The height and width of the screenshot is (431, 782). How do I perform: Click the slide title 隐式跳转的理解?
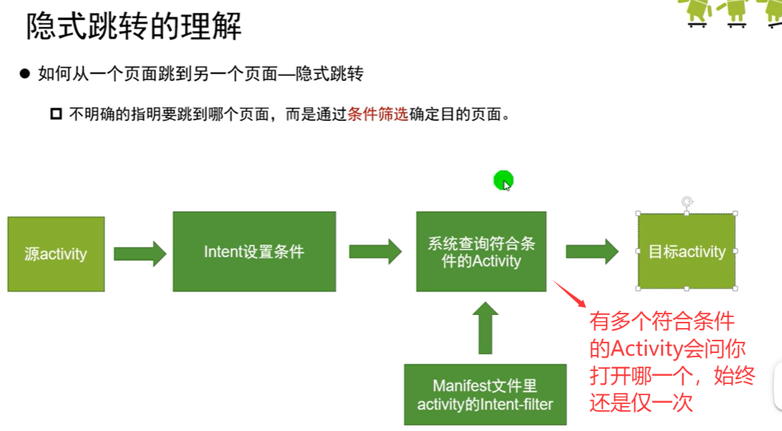pyautogui.click(x=134, y=28)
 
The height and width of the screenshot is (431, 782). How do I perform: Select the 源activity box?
pyautogui.click(x=56, y=253)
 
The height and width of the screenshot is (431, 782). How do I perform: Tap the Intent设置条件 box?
pyautogui.click(x=254, y=251)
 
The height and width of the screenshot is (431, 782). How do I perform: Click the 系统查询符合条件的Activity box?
pyautogui.click(x=481, y=251)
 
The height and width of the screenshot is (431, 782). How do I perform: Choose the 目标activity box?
pyautogui.click(x=687, y=251)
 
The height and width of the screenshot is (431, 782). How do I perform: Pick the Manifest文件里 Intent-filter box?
pyautogui.click(x=485, y=394)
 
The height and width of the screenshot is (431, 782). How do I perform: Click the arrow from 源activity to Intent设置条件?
pyautogui.click(x=140, y=253)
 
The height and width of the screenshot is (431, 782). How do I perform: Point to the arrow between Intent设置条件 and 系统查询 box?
pyautogui.click(x=375, y=251)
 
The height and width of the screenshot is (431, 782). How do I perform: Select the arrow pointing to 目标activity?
pyautogui.click(x=592, y=251)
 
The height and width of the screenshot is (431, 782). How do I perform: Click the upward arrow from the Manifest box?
pyautogui.click(x=486, y=328)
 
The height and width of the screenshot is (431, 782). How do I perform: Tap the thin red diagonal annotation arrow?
pyautogui.click(x=570, y=294)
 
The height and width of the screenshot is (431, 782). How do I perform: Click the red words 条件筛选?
pyautogui.click(x=378, y=114)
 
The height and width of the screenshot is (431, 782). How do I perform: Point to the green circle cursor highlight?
pyautogui.click(x=504, y=181)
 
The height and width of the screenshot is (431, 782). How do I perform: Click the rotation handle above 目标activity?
pyautogui.click(x=687, y=202)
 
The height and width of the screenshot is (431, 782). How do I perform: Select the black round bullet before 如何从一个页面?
pyautogui.click(x=26, y=74)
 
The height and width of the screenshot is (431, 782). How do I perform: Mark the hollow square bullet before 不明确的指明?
pyautogui.click(x=57, y=114)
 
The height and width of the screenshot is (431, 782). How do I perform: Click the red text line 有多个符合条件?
pyautogui.click(x=662, y=321)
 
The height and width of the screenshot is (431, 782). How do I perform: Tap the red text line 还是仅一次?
pyautogui.click(x=641, y=402)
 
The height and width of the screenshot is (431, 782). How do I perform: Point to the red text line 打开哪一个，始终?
pyautogui.click(x=671, y=375)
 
